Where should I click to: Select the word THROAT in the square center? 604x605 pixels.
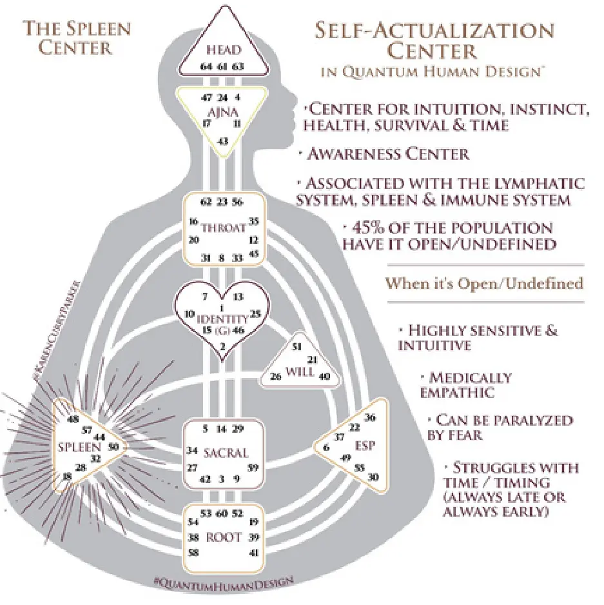pyautogui.click(x=222, y=228)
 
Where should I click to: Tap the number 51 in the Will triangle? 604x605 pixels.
pyautogui.click(x=297, y=346)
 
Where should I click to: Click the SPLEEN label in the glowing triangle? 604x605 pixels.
pyautogui.click(x=76, y=446)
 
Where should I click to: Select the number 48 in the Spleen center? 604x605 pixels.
pyautogui.click(x=72, y=419)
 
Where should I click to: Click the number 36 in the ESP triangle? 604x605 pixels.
pyautogui.click(x=369, y=417)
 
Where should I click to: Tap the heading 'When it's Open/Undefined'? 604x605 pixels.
pyautogui.click(x=484, y=283)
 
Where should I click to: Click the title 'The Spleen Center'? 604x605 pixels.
pyautogui.click(x=77, y=38)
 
